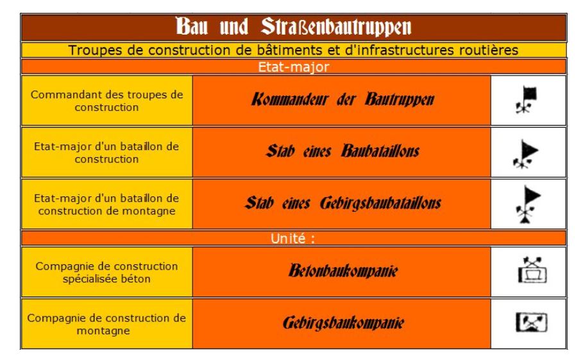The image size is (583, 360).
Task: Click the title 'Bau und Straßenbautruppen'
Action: (x=293, y=27)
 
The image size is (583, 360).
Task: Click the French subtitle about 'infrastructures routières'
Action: (x=293, y=50)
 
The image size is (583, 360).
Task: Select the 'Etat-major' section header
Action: (x=294, y=67)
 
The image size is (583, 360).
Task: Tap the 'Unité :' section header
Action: (x=293, y=238)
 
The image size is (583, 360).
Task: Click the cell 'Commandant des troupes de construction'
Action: (x=107, y=100)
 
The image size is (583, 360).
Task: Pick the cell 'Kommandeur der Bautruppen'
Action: (x=342, y=100)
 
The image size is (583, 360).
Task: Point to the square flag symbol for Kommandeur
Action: (x=526, y=99)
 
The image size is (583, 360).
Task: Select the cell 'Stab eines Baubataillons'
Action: (x=342, y=152)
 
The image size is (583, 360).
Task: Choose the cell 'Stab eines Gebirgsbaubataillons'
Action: (x=342, y=204)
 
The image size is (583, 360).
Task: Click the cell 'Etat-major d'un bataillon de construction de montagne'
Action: (x=107, y=204)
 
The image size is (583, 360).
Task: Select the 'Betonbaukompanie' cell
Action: (x=342, y=272)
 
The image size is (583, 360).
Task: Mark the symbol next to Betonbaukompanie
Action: (x=532, y=270)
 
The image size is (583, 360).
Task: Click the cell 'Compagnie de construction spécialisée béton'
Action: (x=107, y=272)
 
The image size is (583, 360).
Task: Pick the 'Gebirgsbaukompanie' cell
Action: (x=342, y=323)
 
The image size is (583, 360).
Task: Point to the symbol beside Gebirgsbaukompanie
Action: (x=531, y=322)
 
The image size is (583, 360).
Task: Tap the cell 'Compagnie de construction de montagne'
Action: (x=107, y=323)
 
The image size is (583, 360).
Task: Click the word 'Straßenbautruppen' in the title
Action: (x=336, y=27)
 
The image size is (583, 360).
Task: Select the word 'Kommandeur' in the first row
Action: (x=290, y=99)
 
